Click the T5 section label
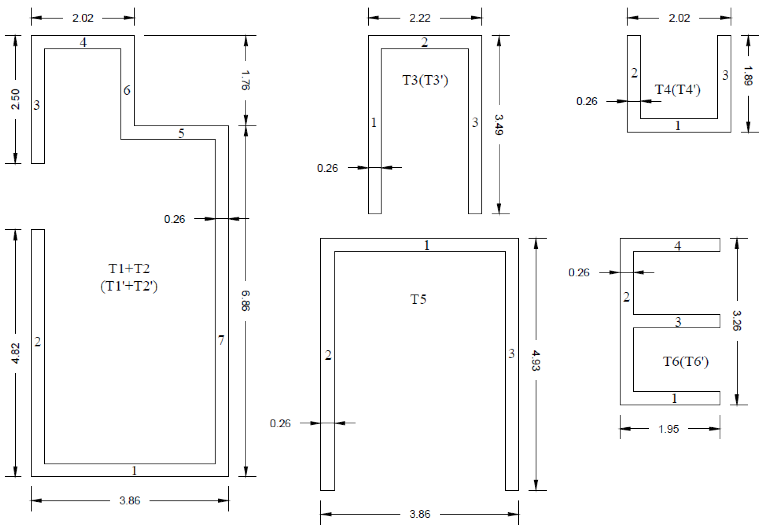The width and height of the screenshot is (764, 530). [418, 299]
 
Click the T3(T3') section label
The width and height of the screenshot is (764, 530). [425, 80]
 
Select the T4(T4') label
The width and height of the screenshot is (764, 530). [677, 90]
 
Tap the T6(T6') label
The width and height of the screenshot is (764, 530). [686, 362]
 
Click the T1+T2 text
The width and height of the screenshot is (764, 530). [129, 269]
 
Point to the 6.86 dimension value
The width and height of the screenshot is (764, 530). [245, 301]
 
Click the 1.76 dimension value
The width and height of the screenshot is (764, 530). [245, 80]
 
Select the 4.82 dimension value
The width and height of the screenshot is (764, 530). [16, 353]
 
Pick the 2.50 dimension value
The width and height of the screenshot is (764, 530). [16, 99]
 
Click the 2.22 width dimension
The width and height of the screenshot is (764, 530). [420, 18]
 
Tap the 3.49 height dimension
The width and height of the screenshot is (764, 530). [499, 125]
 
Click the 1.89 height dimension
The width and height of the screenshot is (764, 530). [748, 76]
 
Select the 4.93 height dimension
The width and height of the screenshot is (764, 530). [536, 360]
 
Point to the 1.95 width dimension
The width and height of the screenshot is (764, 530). [668, 429]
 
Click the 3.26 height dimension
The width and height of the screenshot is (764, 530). [737, 320]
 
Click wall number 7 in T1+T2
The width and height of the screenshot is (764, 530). [221, 340]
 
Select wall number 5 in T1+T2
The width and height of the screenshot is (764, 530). [181, 133]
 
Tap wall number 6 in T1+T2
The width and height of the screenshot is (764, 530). [126, 90]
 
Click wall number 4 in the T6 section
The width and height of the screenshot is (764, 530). [678, 246]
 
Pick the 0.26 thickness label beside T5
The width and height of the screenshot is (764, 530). [280, 424]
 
